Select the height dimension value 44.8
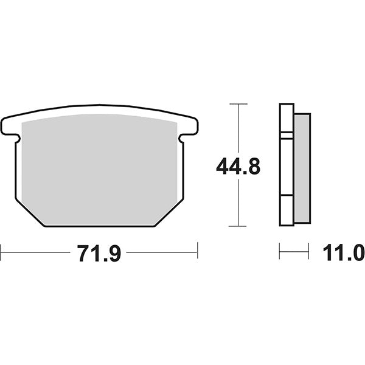(x=238, y=165)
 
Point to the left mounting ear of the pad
(x=10, y=126)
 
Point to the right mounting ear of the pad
(x=189, y=126)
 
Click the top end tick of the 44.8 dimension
(x=238, y=104)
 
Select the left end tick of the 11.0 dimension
(x=280, y=250)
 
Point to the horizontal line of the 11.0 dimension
(x=294, y=250)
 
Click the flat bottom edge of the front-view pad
(x=99, y=226)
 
